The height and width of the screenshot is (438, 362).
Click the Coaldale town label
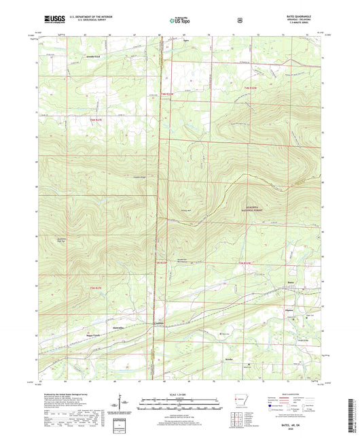point(158,323)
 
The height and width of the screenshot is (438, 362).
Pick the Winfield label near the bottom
point(229,356)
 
